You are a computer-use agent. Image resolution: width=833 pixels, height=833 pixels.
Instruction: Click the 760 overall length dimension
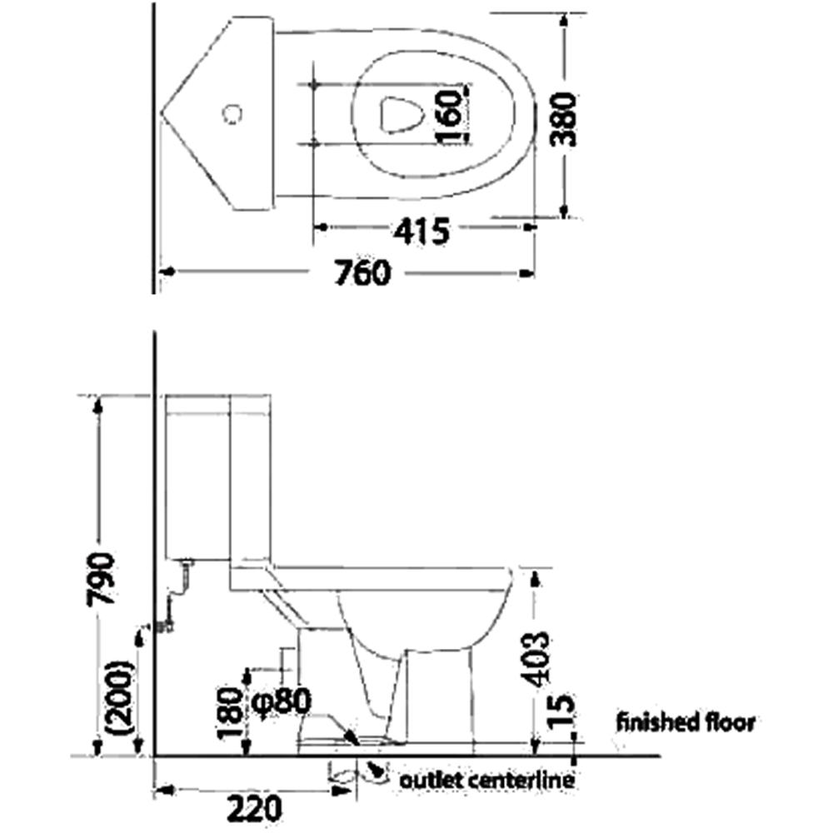click(362, 273)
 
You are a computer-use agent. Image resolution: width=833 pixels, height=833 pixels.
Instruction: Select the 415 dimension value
click(421, 231)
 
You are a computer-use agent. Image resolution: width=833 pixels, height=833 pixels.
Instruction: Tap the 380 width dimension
click(562, 119)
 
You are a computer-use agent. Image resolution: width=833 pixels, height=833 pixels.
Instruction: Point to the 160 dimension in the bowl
click(449, 117)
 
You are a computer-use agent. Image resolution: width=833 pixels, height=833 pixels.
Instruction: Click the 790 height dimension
click(101, 578)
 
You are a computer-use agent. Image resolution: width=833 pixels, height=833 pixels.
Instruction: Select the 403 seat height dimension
click(534, 658)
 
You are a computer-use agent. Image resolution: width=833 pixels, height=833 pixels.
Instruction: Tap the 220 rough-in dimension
click(254, 809)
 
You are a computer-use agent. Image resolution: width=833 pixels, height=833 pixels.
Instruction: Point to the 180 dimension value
click(231, 713)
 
